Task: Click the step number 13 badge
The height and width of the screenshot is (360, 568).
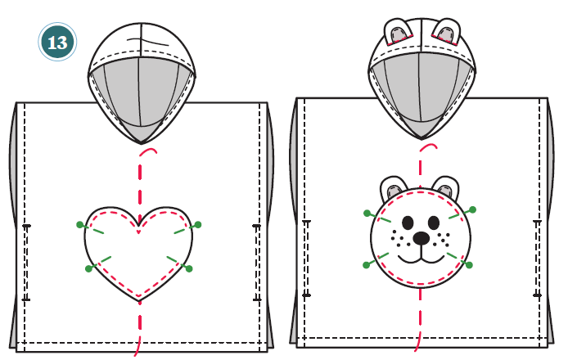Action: pos(57,42)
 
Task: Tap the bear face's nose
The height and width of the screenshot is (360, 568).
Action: pos(421,238)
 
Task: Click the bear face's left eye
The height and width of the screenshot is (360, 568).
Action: pos(408,223)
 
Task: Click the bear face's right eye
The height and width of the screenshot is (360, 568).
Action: pos(434,223)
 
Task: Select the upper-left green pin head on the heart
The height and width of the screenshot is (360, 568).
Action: pos(80,225)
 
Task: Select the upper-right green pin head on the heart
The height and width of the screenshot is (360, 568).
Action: pos(198,225)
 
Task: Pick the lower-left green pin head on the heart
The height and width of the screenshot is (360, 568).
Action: pos(88,268)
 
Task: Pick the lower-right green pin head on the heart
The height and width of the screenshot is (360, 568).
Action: pos(189,268)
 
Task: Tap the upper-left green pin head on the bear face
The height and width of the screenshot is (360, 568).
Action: pos(367,214)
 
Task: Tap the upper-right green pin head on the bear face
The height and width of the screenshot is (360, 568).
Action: pos(472,209)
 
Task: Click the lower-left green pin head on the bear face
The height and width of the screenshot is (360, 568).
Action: pos(366,265)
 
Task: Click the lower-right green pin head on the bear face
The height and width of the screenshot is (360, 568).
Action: pos(469,265)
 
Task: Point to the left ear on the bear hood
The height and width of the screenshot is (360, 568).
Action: pos(398,32)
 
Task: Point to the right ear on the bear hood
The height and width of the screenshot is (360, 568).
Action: pos(447,32)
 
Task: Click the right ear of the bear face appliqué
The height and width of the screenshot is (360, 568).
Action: pos(446,187)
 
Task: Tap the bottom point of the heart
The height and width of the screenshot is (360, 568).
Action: pos(139,301)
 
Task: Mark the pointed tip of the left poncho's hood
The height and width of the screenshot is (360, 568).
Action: pos(142,144)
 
